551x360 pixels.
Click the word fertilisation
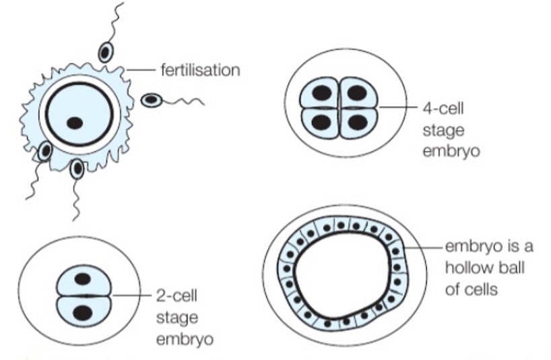201,69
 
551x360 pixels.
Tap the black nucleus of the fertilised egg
75,123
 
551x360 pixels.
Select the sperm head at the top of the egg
106,53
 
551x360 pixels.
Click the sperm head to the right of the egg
151,100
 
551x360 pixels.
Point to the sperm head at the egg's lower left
45,151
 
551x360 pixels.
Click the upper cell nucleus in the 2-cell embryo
82,278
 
